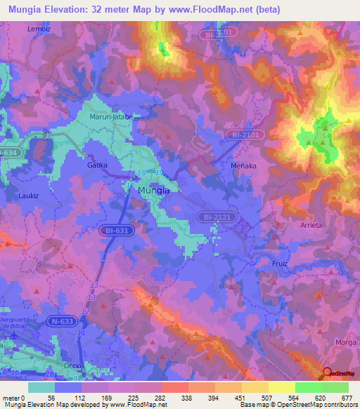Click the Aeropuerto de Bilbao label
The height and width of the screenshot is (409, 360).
(x=21, y=313)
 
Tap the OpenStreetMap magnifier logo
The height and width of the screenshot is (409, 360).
(x=327, y=373)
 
